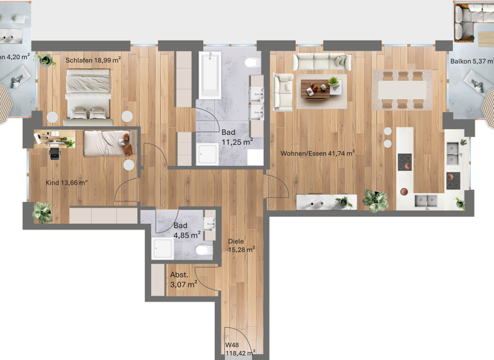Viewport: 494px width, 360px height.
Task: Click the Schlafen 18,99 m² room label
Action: point(93,60)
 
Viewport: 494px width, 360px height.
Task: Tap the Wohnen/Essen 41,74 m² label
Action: point(318,154)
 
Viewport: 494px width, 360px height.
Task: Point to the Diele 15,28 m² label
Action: point(241,246)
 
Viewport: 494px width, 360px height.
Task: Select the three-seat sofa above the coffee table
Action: point(321,62)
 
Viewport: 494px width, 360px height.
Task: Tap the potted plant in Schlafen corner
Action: point(47,60)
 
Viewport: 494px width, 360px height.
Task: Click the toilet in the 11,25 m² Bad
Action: point(252,63)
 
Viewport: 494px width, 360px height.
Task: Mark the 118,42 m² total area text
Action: point(240,352)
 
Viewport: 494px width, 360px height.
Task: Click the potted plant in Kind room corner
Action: point(42,211)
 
